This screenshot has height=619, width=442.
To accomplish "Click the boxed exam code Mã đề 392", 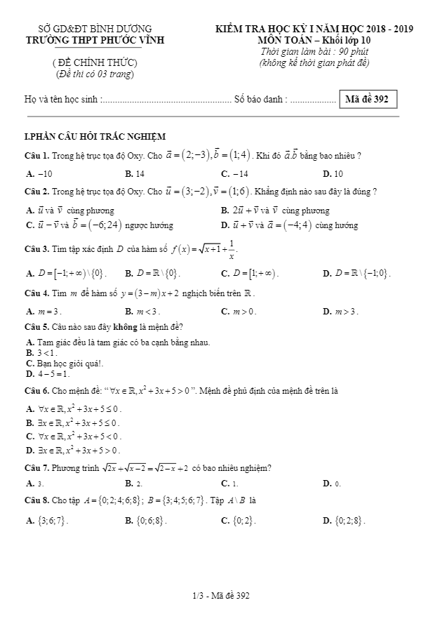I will pyautogui.click(x=366, y=100).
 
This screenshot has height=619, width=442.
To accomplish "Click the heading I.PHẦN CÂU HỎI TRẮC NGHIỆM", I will pyautogui.click(x=95, y=137).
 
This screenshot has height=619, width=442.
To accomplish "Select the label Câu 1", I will pyautogui.click(x=36, y=155).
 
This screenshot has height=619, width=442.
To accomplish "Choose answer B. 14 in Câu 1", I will pyautogui.click(x=135, y=173).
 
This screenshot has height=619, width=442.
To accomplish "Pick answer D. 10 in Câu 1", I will pyautogui.click(x=333, y=173).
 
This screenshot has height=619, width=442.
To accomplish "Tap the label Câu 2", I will pyautogui.click(x=36, y=191).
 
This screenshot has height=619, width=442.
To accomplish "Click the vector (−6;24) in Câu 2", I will pyautogui.click(x=102, y=225).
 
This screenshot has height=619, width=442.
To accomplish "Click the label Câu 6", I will pyautogui.click(x=36, y=390).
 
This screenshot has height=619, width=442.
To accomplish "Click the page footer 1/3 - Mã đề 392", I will pyautogui.click(x=221, y=596).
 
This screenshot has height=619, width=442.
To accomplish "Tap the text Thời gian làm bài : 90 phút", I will pyautogui.click(x=314, y=52).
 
